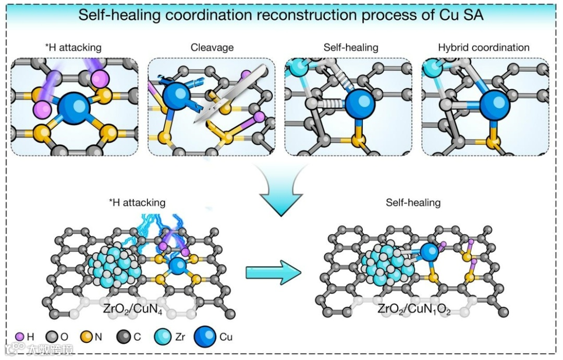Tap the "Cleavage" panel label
click(x=212, y=48)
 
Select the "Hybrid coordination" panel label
click(x=484, y=48)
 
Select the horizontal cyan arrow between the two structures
click(x=273, y=271)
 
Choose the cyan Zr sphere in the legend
click(x=164, y=337)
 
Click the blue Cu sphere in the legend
click(x=205, y=337)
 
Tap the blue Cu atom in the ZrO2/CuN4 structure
click(x=178, y=266)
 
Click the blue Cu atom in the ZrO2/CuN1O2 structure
click(x=430, y=253)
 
